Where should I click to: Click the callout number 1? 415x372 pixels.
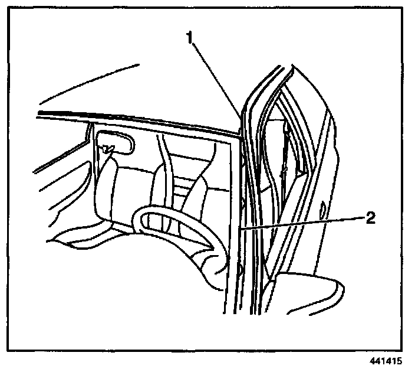pos(190,38)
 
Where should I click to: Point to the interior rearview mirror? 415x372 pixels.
pos(117,142)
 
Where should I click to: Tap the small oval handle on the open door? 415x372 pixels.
pos(322,210)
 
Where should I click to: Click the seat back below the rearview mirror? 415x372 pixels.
pos(109,189)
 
